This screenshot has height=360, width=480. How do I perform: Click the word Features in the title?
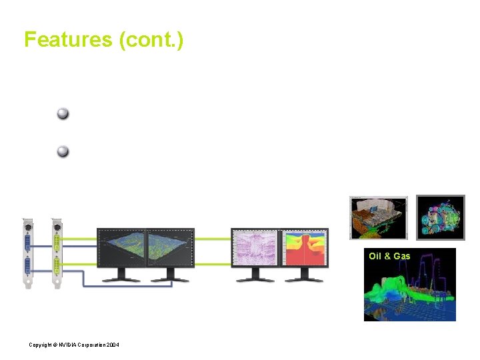tap(69, 39)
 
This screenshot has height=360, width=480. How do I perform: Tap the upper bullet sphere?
tap(63, 113)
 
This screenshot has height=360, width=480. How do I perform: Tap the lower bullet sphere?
tap(63, 151)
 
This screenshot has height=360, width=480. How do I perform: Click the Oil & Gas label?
tap(389, 256)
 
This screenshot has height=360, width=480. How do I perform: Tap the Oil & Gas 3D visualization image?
tap(409, 292)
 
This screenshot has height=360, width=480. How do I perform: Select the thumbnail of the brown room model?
tap(379, 217)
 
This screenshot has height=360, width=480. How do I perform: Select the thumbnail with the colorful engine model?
tap(440, 217)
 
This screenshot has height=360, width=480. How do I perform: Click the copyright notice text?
tap(73, 345)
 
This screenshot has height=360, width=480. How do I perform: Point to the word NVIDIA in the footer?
tap(61, 345)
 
